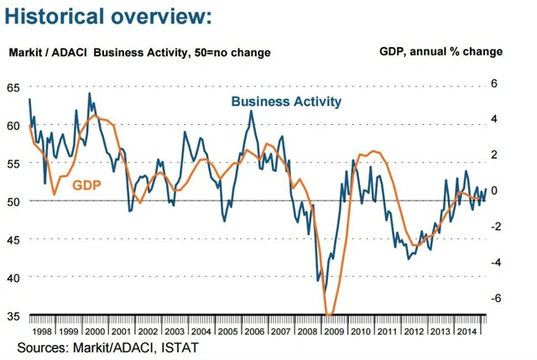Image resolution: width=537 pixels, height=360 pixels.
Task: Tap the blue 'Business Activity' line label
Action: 286,102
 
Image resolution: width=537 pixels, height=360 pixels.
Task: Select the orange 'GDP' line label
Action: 87,185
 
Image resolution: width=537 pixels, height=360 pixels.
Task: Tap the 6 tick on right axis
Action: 495,84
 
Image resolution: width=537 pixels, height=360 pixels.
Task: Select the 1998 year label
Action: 43,332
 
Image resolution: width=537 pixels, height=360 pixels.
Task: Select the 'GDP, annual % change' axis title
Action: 441,51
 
